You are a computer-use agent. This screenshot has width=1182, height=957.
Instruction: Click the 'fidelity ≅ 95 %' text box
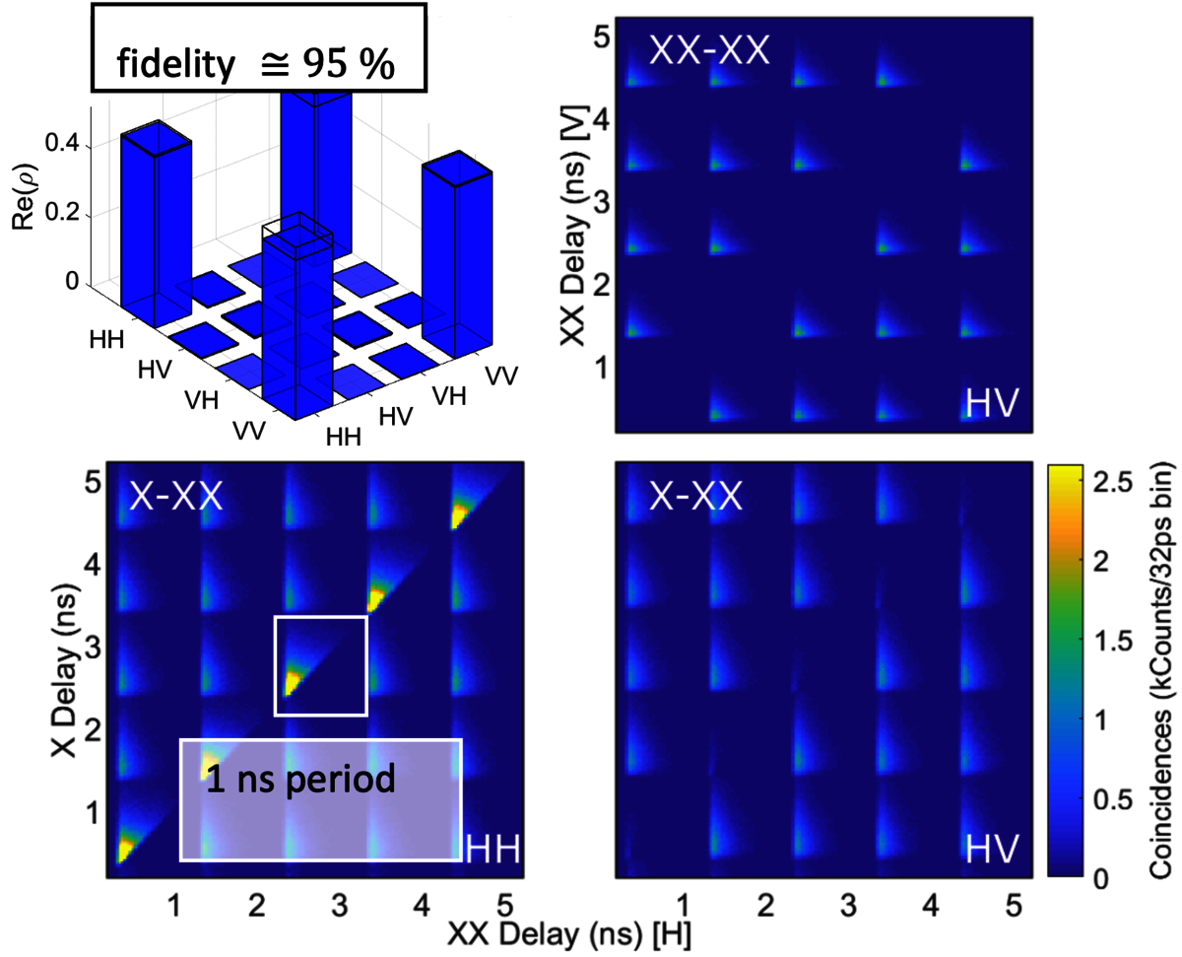(x=257, y=65)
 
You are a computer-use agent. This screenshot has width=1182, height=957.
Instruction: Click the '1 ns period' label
(x=300, y=780)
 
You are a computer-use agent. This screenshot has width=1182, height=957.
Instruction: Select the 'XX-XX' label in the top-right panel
(x=706, y=49)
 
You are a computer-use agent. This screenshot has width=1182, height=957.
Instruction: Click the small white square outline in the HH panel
(x=320, y=665)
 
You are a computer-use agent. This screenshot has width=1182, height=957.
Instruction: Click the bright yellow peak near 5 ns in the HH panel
(x=459, y=515)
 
